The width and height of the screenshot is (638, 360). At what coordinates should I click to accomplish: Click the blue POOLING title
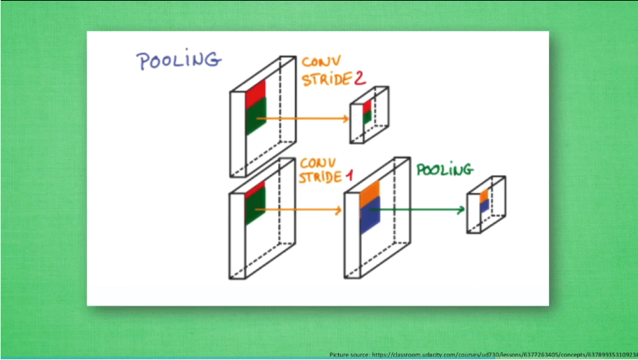click(x=179, y=61)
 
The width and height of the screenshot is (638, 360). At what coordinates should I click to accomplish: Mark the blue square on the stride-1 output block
click(x=370, y=216)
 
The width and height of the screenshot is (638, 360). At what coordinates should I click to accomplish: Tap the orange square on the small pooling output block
click(x=484, y=196)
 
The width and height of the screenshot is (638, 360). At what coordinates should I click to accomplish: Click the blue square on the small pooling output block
click(x=484, y=207)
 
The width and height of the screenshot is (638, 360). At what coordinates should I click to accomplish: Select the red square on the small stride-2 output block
click(x=367, y=107)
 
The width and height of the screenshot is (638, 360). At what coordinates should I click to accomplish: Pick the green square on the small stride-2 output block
click(x=367, y=117)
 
